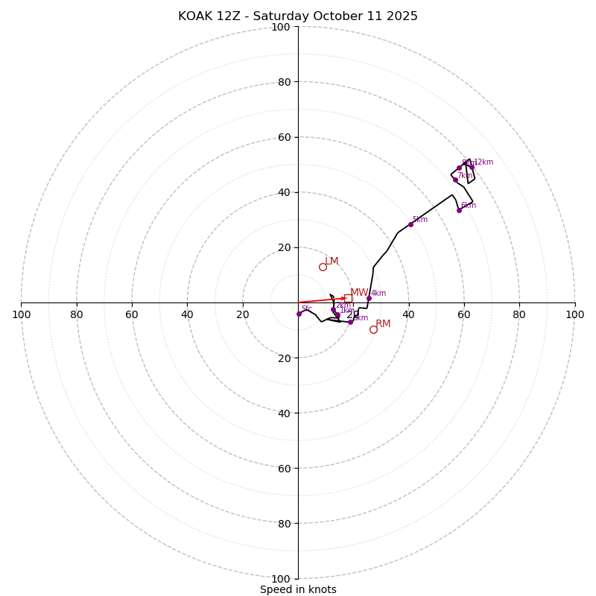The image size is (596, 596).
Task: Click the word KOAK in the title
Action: point(194,16)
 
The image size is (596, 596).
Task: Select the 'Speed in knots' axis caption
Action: point(298,589)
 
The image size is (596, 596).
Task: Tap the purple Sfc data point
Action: point(299,314)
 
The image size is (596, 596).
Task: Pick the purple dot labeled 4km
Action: point(369,299)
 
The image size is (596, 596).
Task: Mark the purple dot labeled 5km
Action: point(410,224)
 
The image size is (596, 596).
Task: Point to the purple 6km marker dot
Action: point(459,210)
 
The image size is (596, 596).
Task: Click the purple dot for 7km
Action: point(455,180)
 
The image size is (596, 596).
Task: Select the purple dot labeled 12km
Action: point(472,167)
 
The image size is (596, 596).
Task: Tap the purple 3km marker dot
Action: point(350,322)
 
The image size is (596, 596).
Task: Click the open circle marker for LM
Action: point(323,267)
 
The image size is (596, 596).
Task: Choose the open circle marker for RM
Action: point(373,329)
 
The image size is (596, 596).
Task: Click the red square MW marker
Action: point(348,298)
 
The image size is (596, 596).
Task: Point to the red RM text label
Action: point(383,323)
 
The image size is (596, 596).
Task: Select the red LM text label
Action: point(332,261)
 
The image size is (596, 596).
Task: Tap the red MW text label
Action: point(359,292)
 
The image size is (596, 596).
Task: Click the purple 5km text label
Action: point(420,220)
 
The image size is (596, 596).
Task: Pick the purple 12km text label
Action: point(484,162)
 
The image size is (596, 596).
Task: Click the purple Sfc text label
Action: point(306,309)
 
